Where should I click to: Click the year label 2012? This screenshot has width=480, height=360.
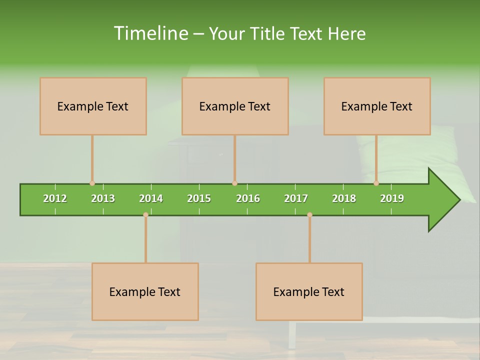pos(55,198)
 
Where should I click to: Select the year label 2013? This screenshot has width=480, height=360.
pos(103,198)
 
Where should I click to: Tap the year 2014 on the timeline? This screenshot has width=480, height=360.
pos(151,198)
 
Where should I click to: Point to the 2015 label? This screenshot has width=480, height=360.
pos(199,198)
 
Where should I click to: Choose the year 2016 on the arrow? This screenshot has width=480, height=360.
pos(248,198)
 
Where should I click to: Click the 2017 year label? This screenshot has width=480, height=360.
pos(296,198)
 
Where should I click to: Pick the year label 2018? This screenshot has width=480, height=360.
pos(344,198)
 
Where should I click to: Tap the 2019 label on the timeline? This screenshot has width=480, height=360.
pos(392,198)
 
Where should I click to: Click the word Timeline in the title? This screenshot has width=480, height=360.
pos(150,33)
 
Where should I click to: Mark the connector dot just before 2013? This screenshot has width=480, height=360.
pos(92,183)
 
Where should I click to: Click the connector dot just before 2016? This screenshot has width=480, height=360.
pos(234,183)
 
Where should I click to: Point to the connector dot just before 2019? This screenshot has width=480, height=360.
pos(376,183)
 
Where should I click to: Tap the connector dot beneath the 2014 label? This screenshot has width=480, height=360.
pos(145,215)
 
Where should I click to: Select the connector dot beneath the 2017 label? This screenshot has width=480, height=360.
pos(309,215)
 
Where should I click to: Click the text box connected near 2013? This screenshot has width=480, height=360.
pos(93,106)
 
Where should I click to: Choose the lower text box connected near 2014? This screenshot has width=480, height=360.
pos(145,291)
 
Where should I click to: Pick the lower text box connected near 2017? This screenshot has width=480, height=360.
pos(309,291)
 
